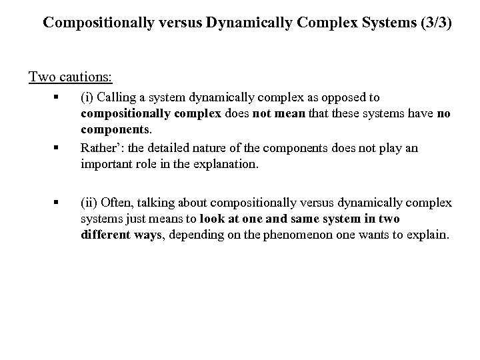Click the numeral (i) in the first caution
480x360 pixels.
click(x=86, y=97)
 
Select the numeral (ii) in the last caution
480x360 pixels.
click(x=88, y=202)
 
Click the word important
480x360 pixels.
click(x=107, y=164)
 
